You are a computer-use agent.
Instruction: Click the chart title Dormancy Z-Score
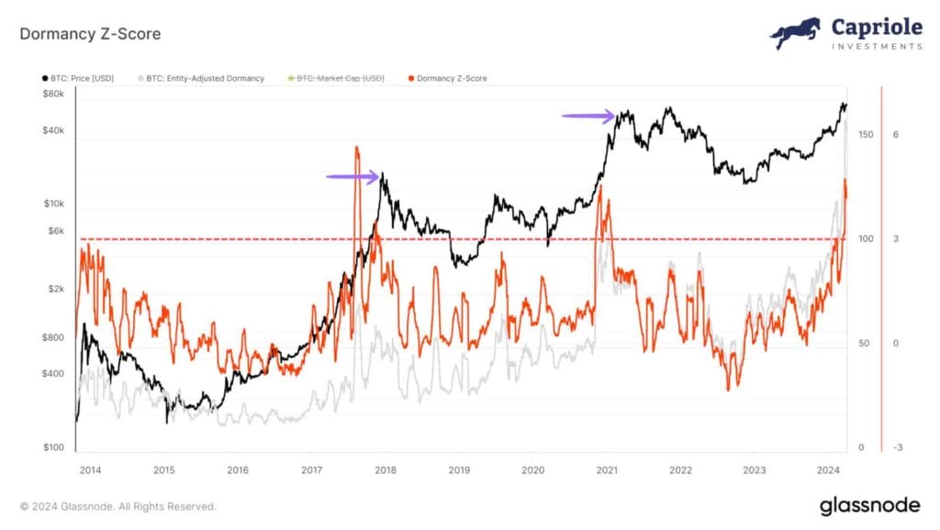[x=90, y=34]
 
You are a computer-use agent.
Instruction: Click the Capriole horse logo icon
[x=795, y=34]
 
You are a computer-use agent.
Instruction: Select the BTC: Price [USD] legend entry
[x=80, y=79]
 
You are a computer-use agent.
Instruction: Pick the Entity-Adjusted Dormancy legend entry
[x=204, y=79]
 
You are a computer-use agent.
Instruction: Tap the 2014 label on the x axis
[x=90, y=470]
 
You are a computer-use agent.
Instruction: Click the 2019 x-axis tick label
[x=458, y=470]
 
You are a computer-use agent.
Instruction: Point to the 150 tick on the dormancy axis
[x=865, y=135]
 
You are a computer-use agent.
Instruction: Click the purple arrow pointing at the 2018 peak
[x=352, y=176]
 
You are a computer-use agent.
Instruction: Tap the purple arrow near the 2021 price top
[x=588, y=116]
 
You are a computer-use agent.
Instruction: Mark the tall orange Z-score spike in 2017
[x=356, y=156]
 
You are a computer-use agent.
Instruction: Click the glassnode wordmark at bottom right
[x=871, y=505]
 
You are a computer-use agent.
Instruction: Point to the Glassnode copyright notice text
[x=118, y=506]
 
